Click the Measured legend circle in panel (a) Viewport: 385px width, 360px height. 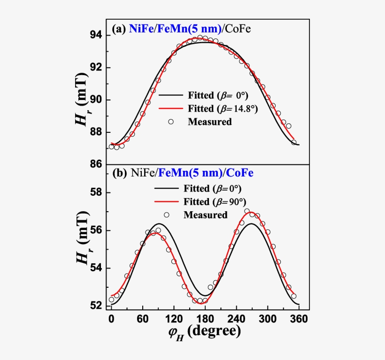click(171, 122)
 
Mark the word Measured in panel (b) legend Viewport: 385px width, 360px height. click(206, 215)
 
